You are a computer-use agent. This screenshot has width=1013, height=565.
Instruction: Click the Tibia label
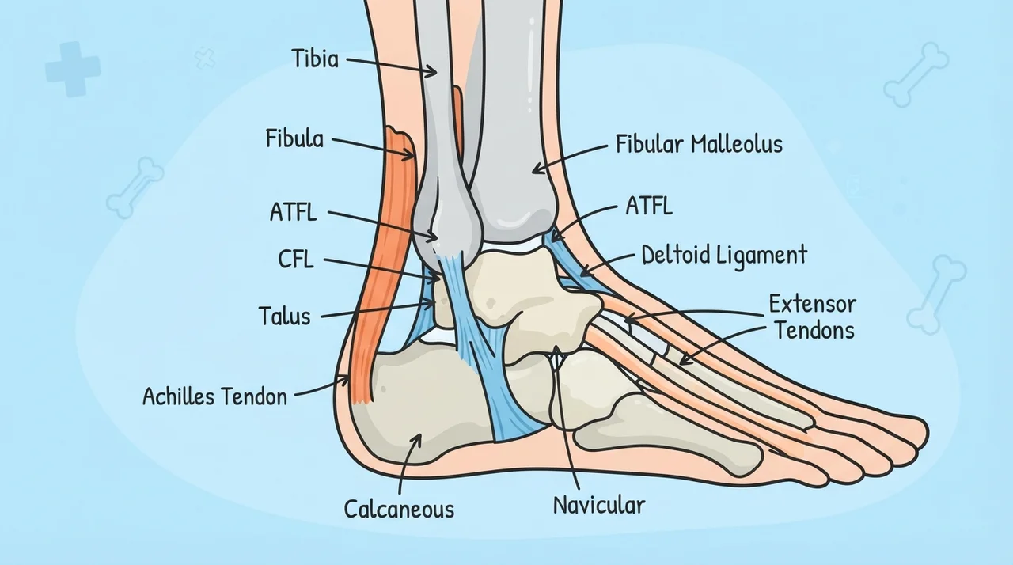click(315, 59)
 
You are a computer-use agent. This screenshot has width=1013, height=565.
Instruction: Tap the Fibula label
click(294, 138)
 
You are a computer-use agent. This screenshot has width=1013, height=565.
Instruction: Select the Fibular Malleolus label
click(699, 144)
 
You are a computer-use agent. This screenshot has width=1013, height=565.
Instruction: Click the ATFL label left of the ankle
click(293, 212)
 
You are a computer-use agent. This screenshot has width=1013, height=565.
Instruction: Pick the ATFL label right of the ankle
click(649, 206)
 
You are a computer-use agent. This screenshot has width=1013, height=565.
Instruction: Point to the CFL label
click(295, 260)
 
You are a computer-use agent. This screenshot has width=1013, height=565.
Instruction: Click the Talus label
click(284, 316)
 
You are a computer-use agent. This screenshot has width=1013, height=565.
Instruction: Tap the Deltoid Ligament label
click(724, 256)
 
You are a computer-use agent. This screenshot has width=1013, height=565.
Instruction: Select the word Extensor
click(813, 304)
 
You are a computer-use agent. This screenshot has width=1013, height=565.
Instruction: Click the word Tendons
click(815, 330)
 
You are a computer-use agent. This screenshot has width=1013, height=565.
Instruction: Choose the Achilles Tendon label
click(214, 397)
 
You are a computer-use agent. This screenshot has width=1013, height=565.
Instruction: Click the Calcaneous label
click(399, 510)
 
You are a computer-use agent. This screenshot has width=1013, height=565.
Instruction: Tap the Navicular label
click(599, 505)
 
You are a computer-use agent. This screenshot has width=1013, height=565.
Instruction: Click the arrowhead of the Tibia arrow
click(432, 71)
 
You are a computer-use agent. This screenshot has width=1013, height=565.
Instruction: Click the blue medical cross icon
click(72, 69)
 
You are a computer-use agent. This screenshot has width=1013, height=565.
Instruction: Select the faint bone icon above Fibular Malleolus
click(916, 74)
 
